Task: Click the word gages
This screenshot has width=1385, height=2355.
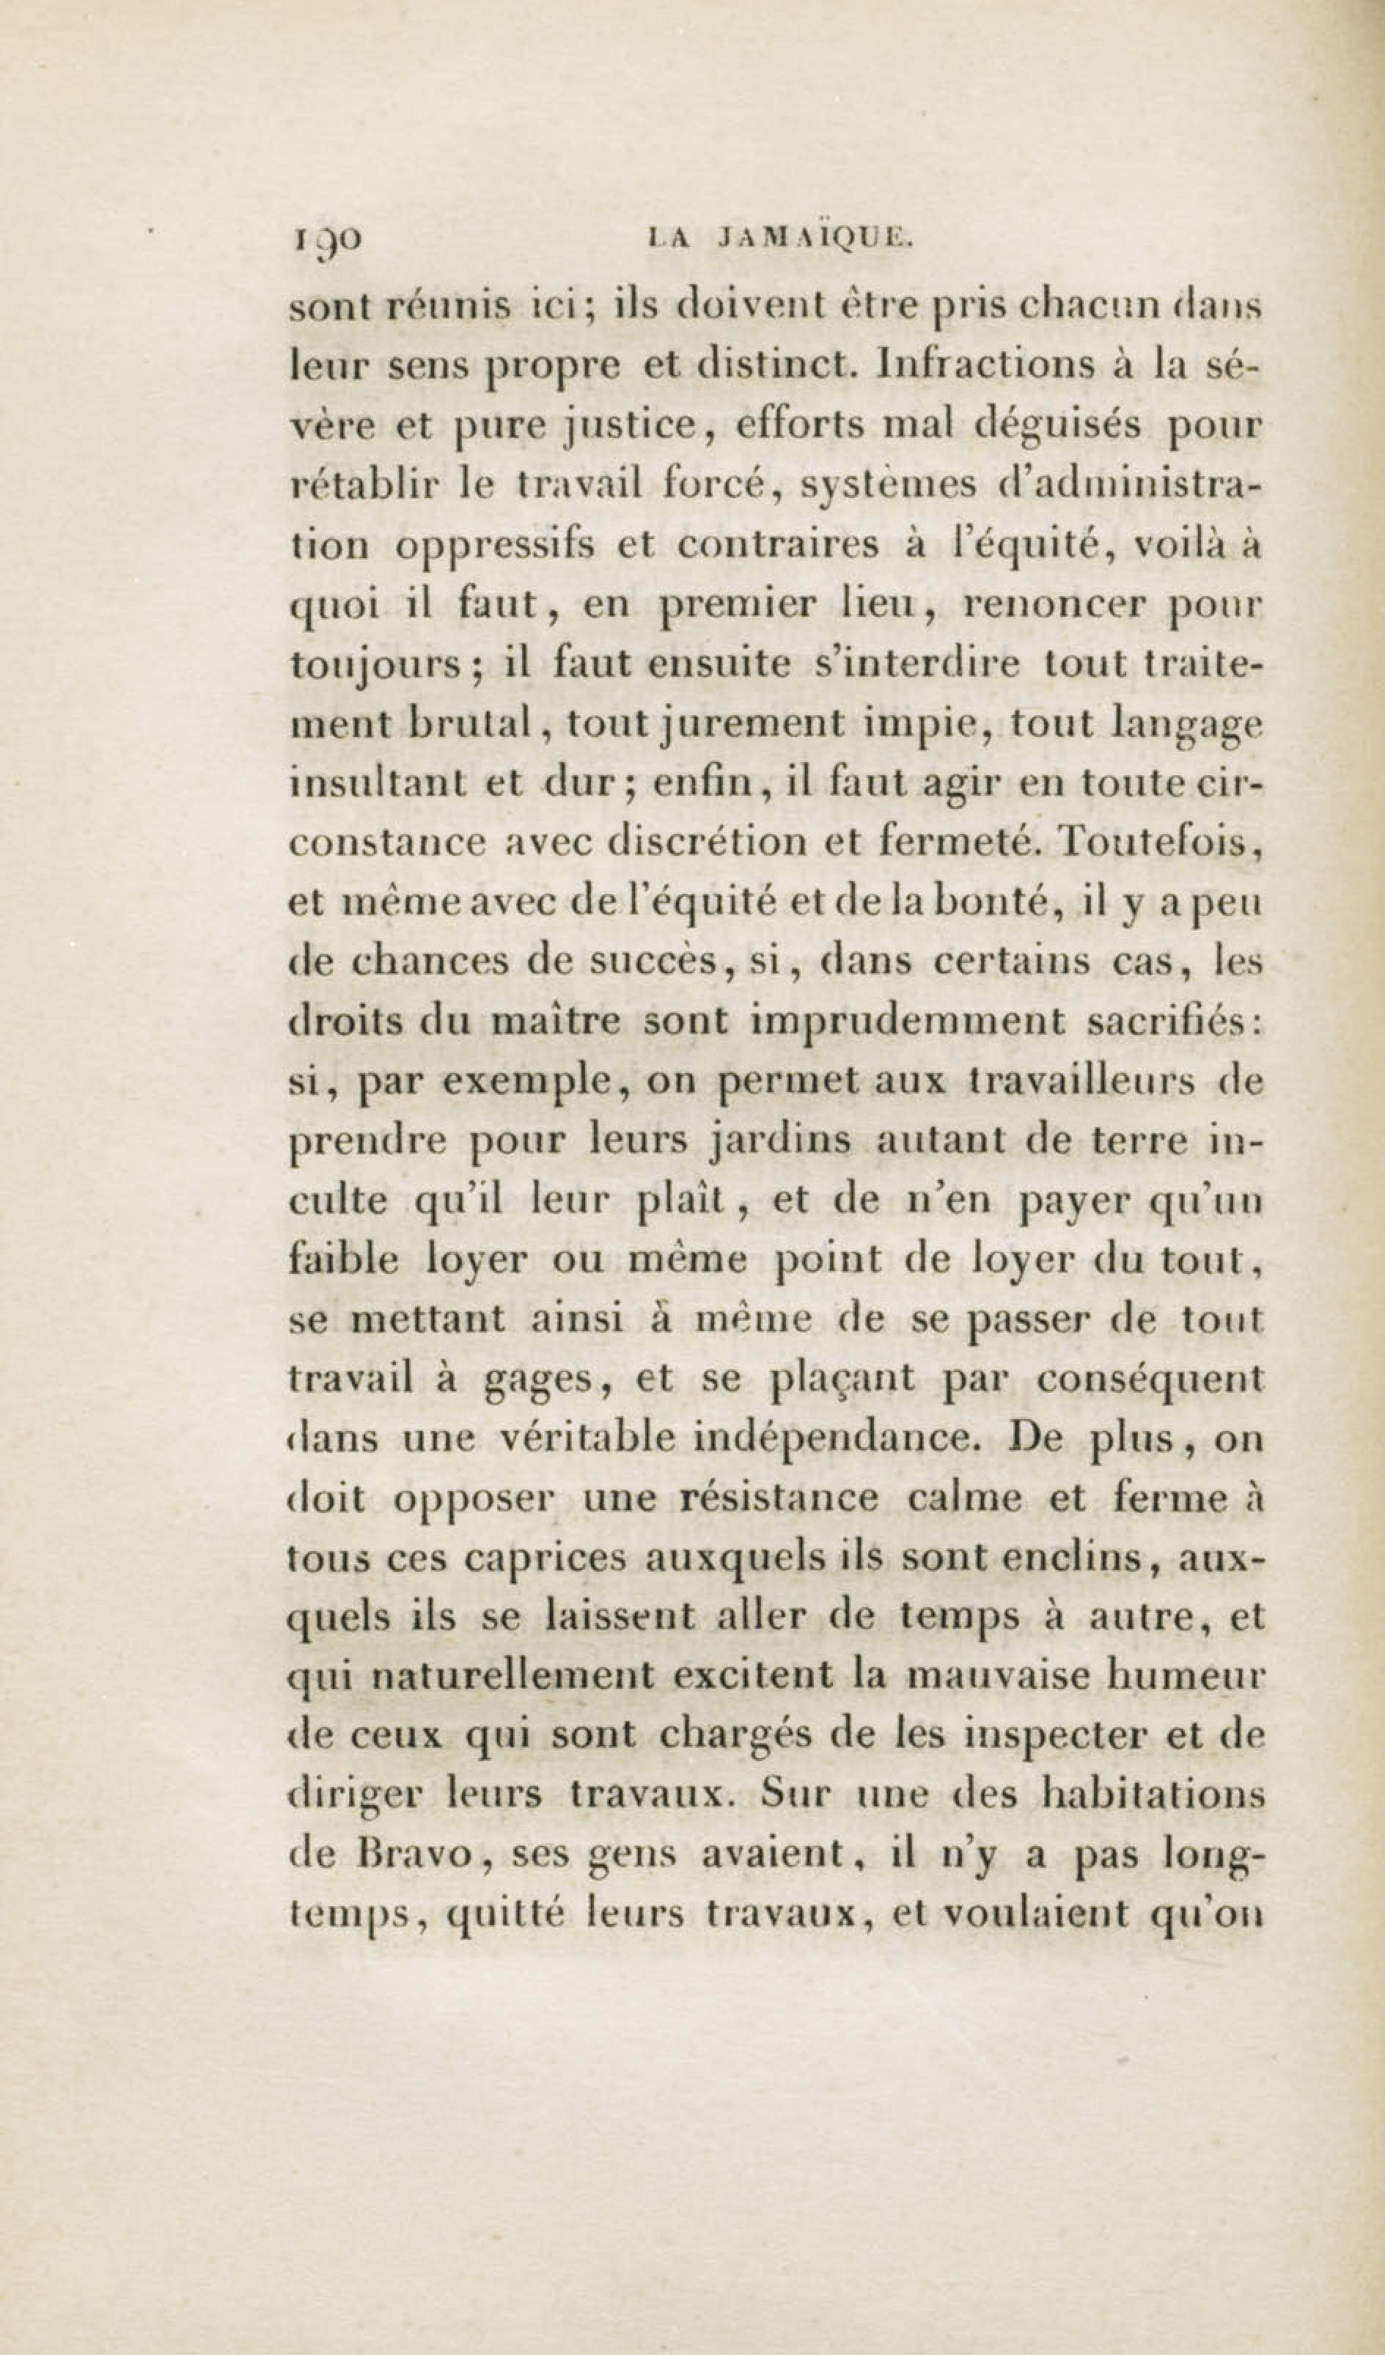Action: pos(542,1381)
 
